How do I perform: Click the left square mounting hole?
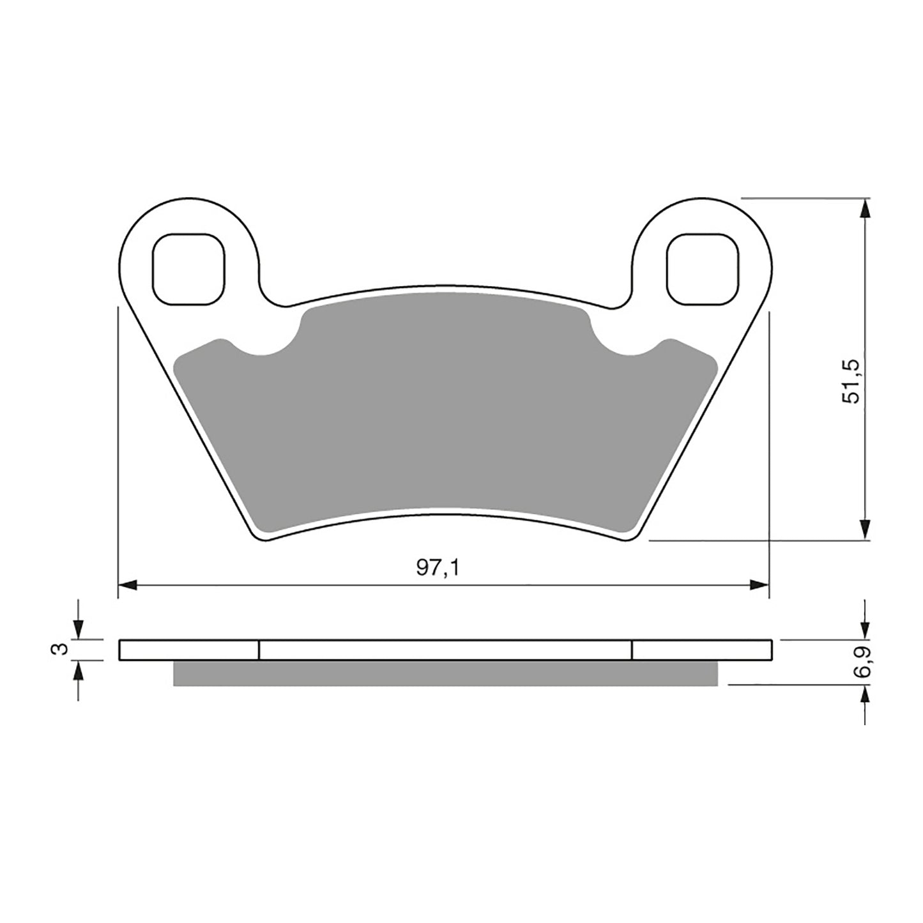[x=188, y=268]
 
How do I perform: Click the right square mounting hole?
[x=702, y=268]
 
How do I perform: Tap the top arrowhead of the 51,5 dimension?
[x=865, y=208]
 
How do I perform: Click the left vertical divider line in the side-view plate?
[x=259, y=650]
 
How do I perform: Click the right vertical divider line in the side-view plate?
[x=632, y=650]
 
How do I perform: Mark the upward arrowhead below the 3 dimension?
[x=78, y=669]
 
